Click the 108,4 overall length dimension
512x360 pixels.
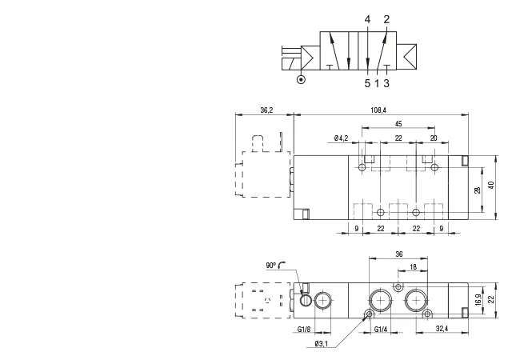pyautogui.click(x=378, y=110)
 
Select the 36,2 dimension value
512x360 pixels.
pyautogui.click(x=266, y=110)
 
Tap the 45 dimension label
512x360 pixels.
pyautogui.click(x=398, y=124)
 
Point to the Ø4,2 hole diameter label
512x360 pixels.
pyautogui.click(x=342, y=138)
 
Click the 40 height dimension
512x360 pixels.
pyautogui.click(x=490, y=185)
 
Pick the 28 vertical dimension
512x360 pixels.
pyautogui.click(x=478, y=190)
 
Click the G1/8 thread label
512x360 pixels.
pyautogui.click(x=304, y=329)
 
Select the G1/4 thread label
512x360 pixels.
pyautogui.click(x=381, y=329)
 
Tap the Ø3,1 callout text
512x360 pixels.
pyautogui.click(x=322, y=343)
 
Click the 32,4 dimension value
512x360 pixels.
pyautogui.click(x=442, y=329)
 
